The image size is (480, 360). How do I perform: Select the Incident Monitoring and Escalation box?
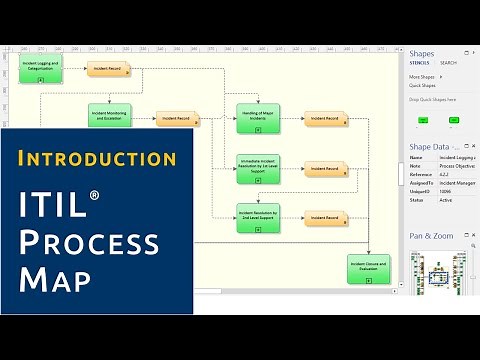coord(109,117)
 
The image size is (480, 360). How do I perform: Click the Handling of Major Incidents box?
coord(257,117)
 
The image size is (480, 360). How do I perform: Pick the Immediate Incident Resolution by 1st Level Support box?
coord(257,168)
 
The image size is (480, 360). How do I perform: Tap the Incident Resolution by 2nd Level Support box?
coord(257,216)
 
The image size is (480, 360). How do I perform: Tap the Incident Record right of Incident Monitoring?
coord(176,119)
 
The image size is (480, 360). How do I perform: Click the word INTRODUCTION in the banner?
coord(97,158)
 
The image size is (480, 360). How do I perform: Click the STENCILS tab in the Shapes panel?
coord(420,62)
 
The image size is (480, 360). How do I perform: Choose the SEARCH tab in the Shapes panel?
coord(449,62)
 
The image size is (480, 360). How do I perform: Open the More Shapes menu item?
coord(422,76)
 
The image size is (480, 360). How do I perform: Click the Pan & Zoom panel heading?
coord(433,235)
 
